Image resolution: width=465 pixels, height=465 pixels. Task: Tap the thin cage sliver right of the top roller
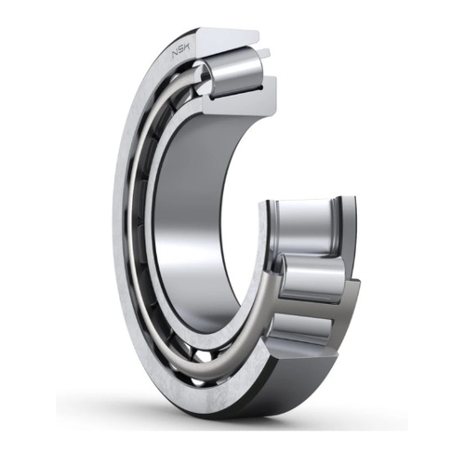click(x=272, y=70)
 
